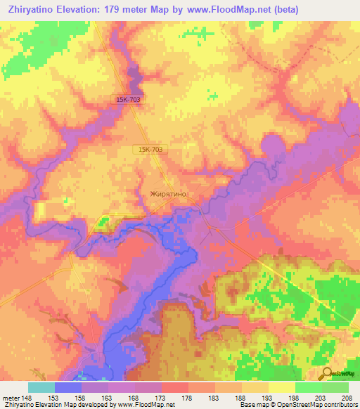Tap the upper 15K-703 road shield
pyautogui.click(x=129, y=100)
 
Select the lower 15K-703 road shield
pyautogui.click(x=150, y=150)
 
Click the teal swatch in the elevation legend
pyautogui.click(x=41, y=387)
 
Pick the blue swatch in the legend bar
pyautogui.click(x=68, y=387)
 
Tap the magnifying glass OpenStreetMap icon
pyautogui.click(x=325, y=375)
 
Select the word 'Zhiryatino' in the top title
pyautogui.click(x=31, y=10)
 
